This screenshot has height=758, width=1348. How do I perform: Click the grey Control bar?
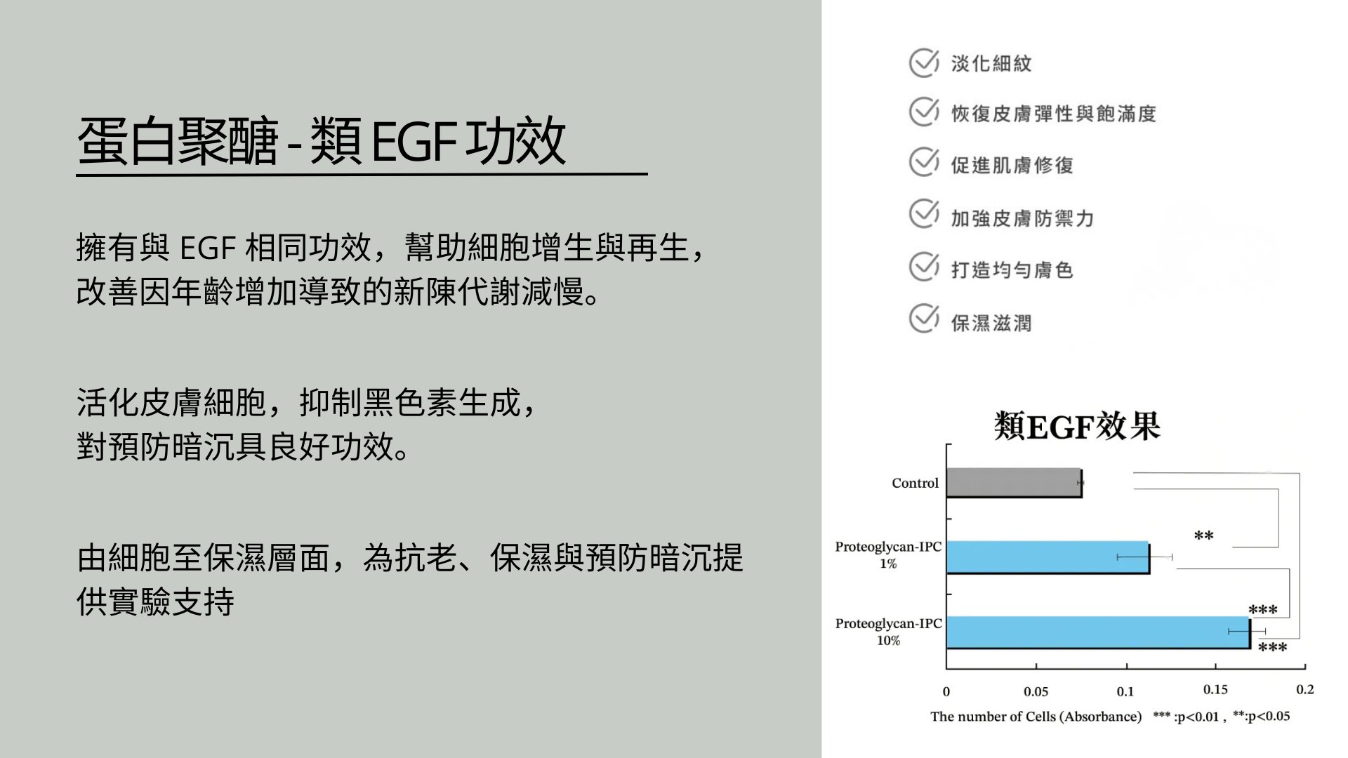click(x=1015, y=483)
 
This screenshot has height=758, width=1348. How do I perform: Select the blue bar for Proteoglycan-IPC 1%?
click(x=1048, y=557)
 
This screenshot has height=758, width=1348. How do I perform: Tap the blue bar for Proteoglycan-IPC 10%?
click(x=1099, y=632)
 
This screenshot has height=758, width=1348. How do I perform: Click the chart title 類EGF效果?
click(x=1077, y=426)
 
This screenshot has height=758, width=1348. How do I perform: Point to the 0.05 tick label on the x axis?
click(x=1036, y=691)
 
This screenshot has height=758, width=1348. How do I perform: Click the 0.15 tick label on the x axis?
click(x=1215, y=689)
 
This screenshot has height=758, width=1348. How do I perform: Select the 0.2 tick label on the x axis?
click(x=1305, y=689)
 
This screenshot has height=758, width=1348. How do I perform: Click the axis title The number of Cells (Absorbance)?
click(x=1036, y=717)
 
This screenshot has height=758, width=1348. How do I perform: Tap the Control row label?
click(x=915, y=483)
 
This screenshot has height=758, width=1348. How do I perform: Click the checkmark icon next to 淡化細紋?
click(x=924, y=62)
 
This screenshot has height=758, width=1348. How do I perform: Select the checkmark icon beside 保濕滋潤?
click(x=924, y=318)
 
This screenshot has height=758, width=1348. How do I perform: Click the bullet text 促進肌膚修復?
click(x=1012, y=166)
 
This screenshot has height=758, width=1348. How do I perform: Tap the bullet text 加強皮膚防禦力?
click(x=1022, y=218)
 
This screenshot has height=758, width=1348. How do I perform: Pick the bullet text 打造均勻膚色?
click(x=1012, y=270)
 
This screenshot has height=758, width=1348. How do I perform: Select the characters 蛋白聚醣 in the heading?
click(x=178, y=141)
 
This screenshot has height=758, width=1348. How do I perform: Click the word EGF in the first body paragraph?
click(x=208, y=248)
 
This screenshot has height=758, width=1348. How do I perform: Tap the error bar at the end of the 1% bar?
click(x=1144, y=557)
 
